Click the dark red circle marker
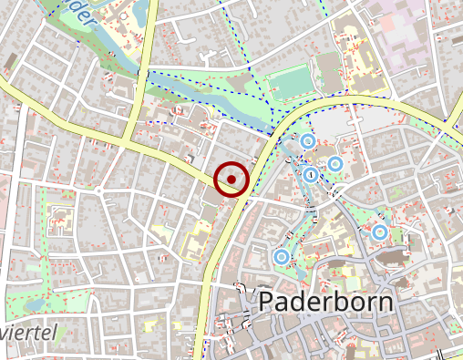232,180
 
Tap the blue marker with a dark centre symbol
311,174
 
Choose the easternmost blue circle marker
379,232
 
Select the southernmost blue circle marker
281,258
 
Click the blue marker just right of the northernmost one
334,164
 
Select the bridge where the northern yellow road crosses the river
144,68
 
